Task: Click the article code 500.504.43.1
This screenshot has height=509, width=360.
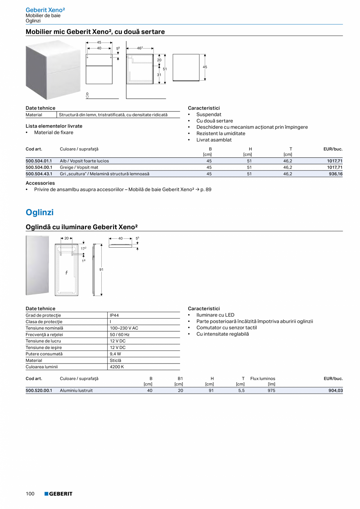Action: [39, 174]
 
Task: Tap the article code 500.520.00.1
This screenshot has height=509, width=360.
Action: [39, 390]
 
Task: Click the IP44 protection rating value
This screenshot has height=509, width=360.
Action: [115, 315]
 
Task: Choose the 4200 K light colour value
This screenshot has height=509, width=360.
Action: [117, 367]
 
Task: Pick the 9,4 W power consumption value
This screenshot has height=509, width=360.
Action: [115, 354]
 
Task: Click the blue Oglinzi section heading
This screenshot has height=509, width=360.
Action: [40, 212]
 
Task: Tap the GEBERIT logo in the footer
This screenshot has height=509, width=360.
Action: [58, 494]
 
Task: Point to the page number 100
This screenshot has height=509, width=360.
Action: [30, 494]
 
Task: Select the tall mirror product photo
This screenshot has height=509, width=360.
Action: [38, 265]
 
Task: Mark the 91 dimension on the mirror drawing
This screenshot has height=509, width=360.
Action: [101, 269]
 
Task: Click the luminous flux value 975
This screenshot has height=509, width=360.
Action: [271, 390]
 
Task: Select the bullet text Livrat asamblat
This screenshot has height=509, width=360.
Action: [214, 140]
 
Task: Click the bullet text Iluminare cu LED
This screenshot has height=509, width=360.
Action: [215, 315]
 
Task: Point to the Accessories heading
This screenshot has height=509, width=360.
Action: [40, 183]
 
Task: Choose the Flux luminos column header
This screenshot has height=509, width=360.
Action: [263, 379]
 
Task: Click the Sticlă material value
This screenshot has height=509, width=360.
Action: [115, 360]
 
